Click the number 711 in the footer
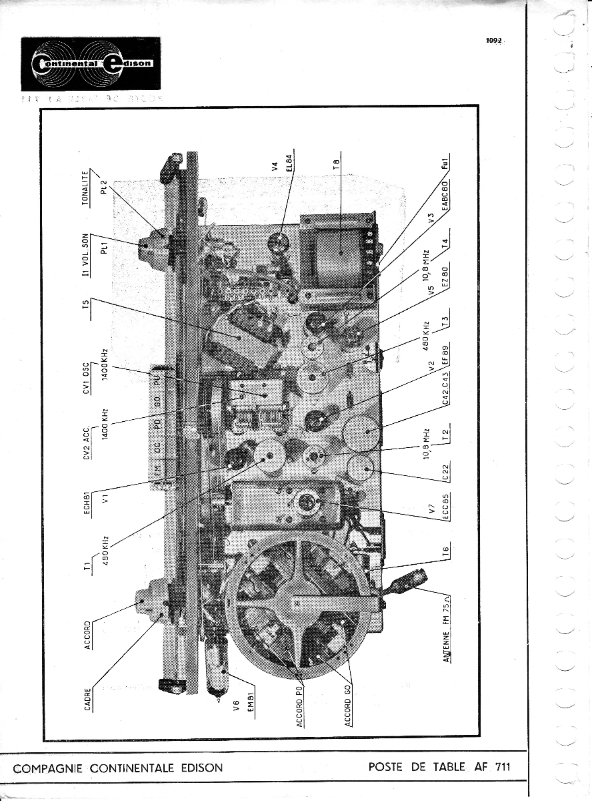[x=502, y=766]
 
